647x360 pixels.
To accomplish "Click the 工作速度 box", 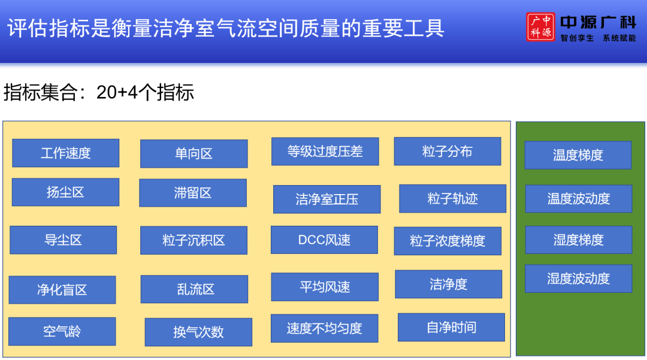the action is tap(66, 153).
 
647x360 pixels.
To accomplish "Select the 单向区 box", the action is tap(194, 154).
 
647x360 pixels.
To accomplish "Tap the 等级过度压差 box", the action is tap(325, 152).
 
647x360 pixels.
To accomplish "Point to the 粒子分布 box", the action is tap(448, 152).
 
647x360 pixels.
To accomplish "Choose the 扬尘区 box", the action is tap(66, 192).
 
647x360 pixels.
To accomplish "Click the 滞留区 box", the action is tap(193, 193).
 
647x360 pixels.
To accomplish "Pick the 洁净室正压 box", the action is tap(327, 199).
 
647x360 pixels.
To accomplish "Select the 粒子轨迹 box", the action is tap(453, 199).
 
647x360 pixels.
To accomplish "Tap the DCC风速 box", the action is tap(324, 240).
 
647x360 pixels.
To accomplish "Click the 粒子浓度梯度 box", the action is tap(448, 241).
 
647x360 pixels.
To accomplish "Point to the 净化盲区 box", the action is tap(62, 290).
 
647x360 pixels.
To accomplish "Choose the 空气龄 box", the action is tap(62, 331).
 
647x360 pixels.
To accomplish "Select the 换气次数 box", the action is tap(198, 332).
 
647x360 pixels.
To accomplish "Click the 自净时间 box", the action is tap(452, 328).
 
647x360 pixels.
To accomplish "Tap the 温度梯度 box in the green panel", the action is tap(578, 155).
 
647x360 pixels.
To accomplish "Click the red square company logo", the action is tap(540, 27).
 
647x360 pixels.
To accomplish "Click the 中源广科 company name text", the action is tap(598, 22).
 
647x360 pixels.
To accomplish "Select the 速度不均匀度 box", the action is tap(324, 328).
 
